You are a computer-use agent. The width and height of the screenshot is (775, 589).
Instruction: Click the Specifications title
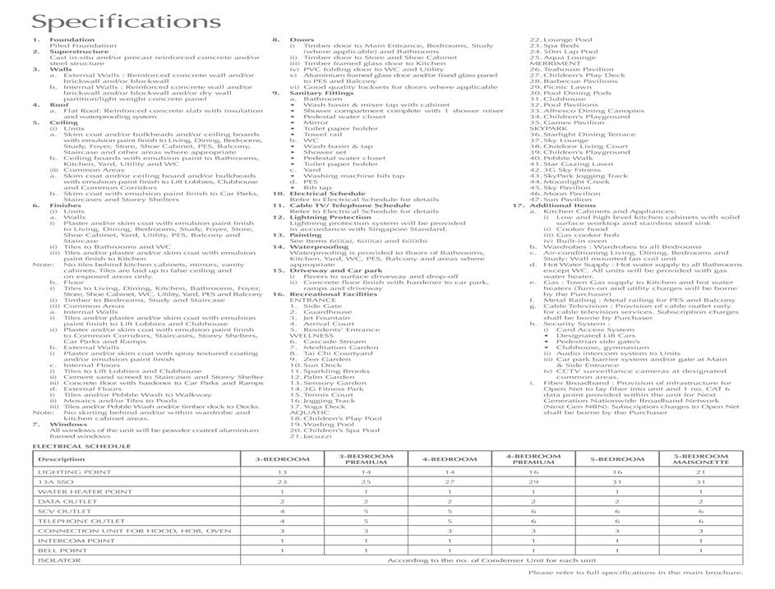[x=115, y=21]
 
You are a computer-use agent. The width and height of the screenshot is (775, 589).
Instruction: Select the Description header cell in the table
[x=62, y=459]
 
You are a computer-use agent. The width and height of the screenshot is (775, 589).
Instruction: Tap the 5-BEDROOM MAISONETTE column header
[x=700, y=459]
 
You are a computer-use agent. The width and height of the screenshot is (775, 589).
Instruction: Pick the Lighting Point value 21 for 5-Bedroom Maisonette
[x=700, y=472]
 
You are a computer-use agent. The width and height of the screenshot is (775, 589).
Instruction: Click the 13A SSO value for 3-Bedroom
[x=282, y=482]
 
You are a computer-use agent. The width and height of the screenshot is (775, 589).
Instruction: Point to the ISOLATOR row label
[x=60, y=560]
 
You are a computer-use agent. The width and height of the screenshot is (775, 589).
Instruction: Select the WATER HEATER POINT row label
[x=85, y=491]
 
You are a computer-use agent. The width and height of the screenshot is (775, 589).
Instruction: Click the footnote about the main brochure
[x=635, y=573]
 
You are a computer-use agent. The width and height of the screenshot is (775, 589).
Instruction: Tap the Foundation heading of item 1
[x=72, y=39]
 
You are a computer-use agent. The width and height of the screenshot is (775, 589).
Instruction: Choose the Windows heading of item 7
[x=68, y=424]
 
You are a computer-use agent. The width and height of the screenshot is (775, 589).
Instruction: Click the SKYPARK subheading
[x=549, y=128]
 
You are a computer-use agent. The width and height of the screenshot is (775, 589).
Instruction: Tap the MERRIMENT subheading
[x=551, y=63]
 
